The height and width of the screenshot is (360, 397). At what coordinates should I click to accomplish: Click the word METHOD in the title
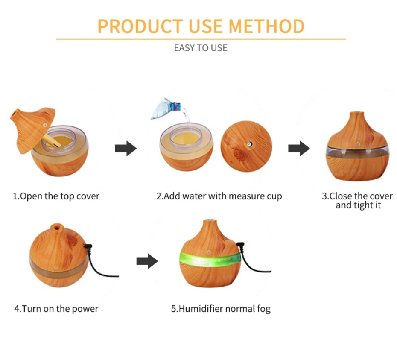pyautogui.click(x=266, y=26)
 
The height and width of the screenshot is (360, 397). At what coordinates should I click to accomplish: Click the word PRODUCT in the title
pyautogui.click(x=140, y=26)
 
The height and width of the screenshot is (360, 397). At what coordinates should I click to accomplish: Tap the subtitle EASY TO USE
pyautogui.click(x=201, y=48)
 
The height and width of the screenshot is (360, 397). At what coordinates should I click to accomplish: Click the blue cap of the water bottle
pyautogui.click(x=176, y=106)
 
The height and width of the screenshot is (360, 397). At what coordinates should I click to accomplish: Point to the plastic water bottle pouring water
pyautogui.click(x=166, y=109)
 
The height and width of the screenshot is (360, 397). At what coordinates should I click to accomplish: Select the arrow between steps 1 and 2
pyautogui.click(x=126, y=148)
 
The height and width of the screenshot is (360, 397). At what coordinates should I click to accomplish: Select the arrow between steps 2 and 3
pyautogui.click(x=299, y=148)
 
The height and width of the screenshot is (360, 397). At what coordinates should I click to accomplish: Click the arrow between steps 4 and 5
pyautogui.click(x=147, y=261)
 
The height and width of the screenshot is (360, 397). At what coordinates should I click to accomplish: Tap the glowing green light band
pyautogui.click(x=210, y=259)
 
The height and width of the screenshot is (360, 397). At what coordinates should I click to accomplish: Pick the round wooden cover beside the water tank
pyautogui.click(x=246, y=146)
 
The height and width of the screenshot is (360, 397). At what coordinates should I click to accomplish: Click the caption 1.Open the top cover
pyautogui.click(x=56, y=196)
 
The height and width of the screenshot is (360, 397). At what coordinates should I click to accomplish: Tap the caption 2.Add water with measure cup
pyautogui.click(x=219, y=196)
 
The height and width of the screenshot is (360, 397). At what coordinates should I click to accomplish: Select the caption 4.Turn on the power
pyautogui.click(x=56, y=309)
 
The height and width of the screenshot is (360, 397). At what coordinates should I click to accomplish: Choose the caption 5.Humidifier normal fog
pyautogui.click(x=221, y=309)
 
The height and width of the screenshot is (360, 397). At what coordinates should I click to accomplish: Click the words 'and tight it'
pyautogui.click(x=358, y=205)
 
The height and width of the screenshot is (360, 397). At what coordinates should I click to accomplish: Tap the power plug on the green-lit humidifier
pyautogui.click(x=240, y=246)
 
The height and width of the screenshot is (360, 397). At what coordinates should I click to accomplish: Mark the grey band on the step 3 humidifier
pyautogui.click(x=357, y=152)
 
